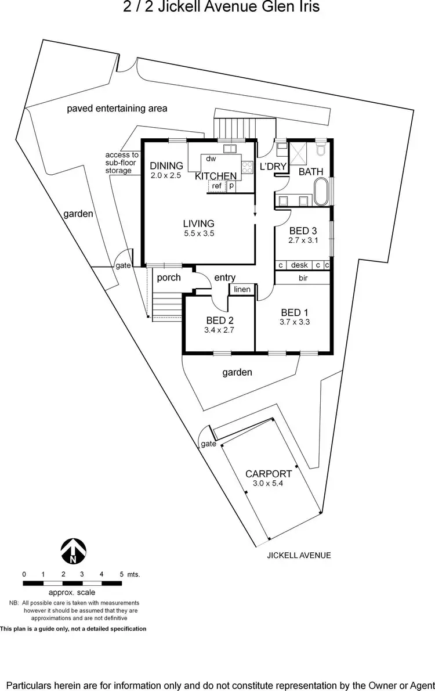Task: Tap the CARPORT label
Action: point(268,473)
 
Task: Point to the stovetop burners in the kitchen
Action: point(247,167)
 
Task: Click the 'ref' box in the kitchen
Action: point(217,186)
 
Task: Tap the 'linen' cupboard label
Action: point(242,289)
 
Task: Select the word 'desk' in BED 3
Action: point(299,265)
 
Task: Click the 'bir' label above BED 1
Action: point(302,279)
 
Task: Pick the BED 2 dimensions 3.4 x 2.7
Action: point(219,330)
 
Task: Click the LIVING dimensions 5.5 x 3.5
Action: point(198,233)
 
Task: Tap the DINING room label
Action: point(166,165)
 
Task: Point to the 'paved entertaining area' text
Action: point(117,108)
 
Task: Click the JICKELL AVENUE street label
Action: point(299,555)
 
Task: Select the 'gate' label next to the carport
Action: point(208,444)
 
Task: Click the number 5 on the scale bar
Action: point(121,574)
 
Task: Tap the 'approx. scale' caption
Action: point(72,592)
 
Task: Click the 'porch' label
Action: point(169,278)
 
